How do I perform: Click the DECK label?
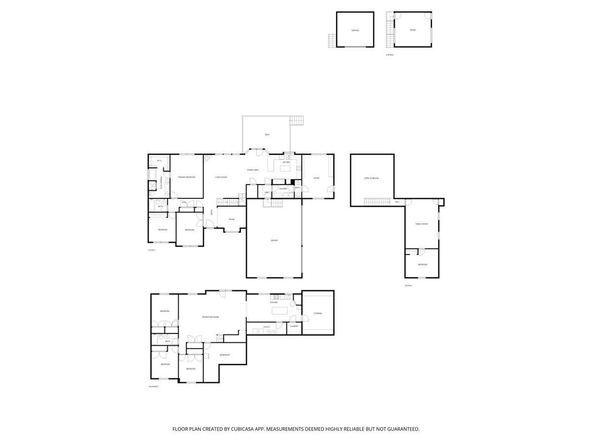coord(267,135)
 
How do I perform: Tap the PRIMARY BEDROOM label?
coord(186,177)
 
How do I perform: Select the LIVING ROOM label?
coord(221,177)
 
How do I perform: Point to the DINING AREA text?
coord(253,170)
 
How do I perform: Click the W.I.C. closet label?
coord(159,161)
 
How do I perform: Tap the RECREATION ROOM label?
coord(210,317)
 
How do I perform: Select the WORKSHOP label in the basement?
coord(225,355)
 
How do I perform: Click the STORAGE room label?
coord(318,313)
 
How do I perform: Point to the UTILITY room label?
coord(266,327)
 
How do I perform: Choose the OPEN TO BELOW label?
coord(371,178)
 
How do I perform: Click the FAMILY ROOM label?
coord(421,224)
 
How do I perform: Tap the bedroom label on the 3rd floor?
coord(422,264)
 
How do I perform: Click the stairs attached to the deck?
coord(296,120)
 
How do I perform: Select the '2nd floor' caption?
coord(390,55)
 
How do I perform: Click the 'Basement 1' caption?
coord(153,386)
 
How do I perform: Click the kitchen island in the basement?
coord(280,311)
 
